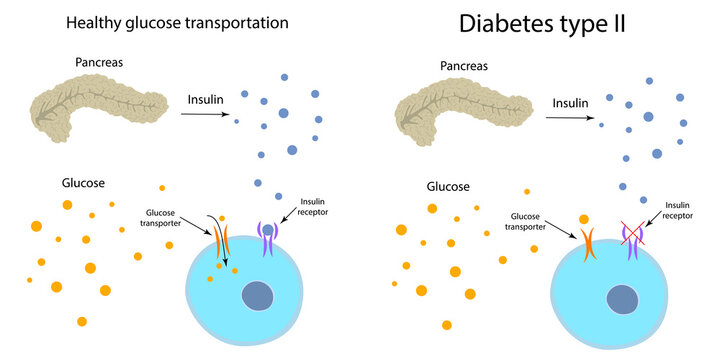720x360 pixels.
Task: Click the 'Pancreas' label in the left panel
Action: click(x=99, y=62)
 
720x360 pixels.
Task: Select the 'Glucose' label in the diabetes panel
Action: click(x=448, y=186)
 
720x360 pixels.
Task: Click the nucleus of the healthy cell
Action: click(x=260, y=296)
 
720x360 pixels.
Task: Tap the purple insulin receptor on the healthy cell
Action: click(x=267, y=238)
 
